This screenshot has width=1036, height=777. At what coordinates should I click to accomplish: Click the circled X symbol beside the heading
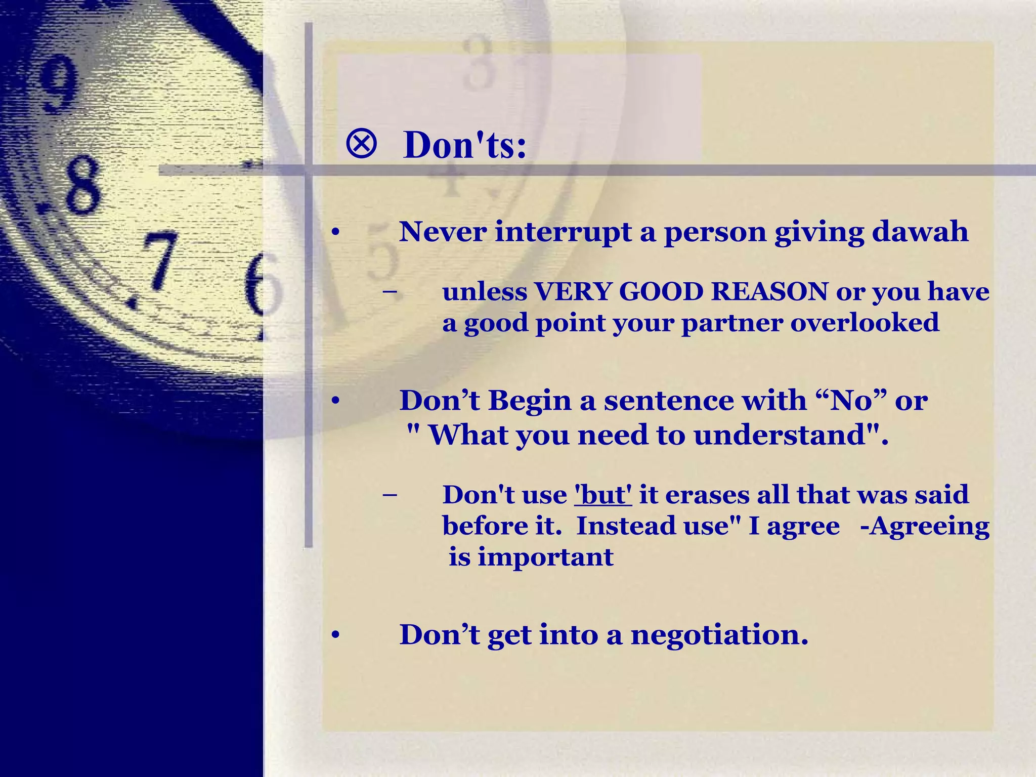361,144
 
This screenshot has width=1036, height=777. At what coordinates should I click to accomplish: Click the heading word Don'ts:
464,145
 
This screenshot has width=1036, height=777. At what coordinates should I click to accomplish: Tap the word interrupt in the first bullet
563,232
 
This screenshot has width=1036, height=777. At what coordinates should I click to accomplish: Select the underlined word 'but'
603,495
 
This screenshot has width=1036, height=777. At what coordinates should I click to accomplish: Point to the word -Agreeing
924,526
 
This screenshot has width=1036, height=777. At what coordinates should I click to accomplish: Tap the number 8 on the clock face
81,185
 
